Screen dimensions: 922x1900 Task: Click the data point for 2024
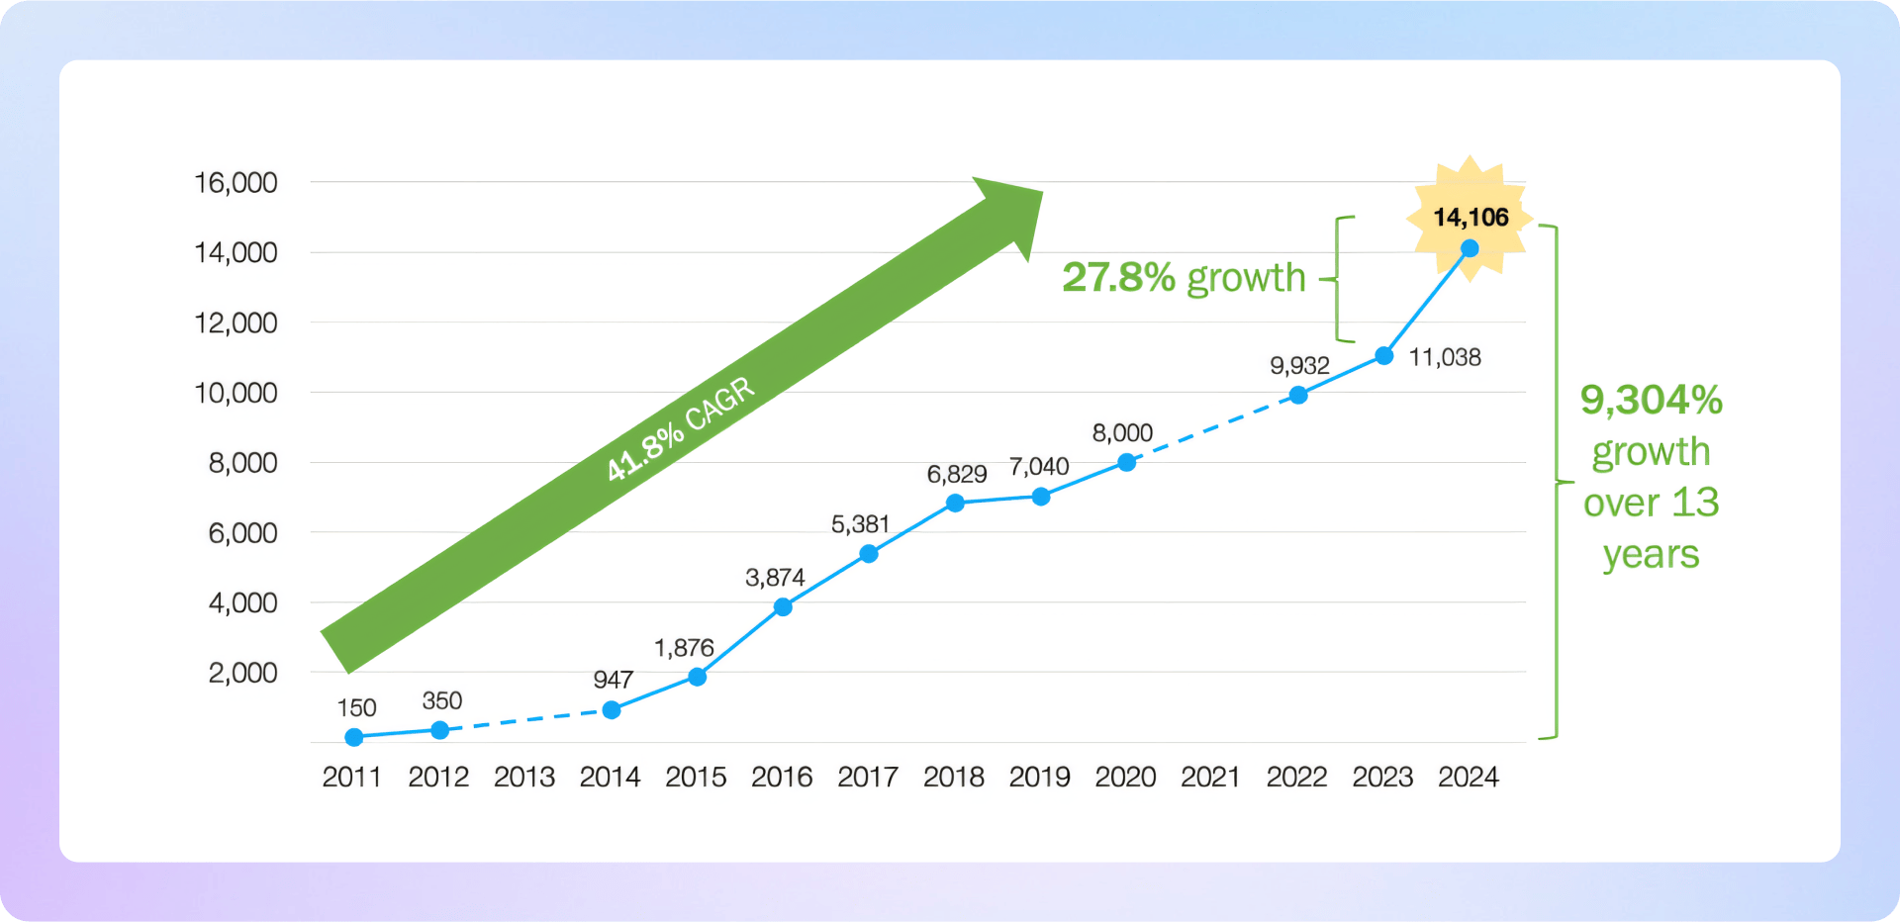1470,249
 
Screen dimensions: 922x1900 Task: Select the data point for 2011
354,737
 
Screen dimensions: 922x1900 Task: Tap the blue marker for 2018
955,503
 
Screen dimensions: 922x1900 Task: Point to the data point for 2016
783,606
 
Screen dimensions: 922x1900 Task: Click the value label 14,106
1471,218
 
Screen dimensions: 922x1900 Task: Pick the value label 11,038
1445,357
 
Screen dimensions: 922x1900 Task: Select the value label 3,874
775,578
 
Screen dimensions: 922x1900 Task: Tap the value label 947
613,680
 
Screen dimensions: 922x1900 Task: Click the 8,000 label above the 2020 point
1122,433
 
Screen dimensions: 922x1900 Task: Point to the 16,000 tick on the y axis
236,183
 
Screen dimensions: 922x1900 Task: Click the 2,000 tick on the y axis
242,673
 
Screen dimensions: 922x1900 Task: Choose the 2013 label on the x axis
524,778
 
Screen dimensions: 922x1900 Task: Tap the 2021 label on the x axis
1210,778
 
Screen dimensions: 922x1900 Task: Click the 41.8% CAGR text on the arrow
681,428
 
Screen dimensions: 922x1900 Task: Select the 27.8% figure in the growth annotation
1118,278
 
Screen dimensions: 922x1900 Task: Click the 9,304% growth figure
1651,401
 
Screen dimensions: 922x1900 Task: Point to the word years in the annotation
1651,555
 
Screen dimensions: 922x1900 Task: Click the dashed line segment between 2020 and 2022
1212,429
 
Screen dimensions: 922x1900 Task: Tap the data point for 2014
612,709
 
